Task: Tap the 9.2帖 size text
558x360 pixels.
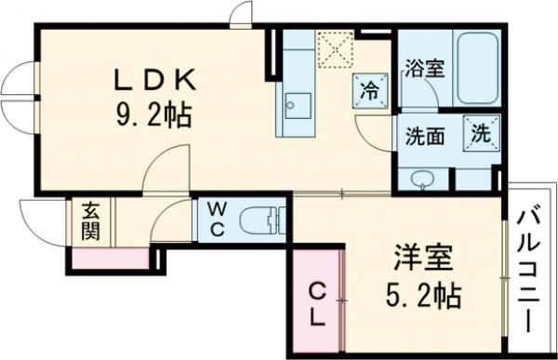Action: point(153,115)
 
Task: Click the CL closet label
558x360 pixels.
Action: point(315,305)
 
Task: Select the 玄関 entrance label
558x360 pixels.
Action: point(90,221)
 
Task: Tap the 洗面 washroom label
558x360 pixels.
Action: point(424,135)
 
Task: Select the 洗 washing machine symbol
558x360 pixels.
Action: point(482,131)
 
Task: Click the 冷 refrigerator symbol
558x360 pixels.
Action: point(369,91)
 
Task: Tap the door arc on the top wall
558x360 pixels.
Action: point(241,14)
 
